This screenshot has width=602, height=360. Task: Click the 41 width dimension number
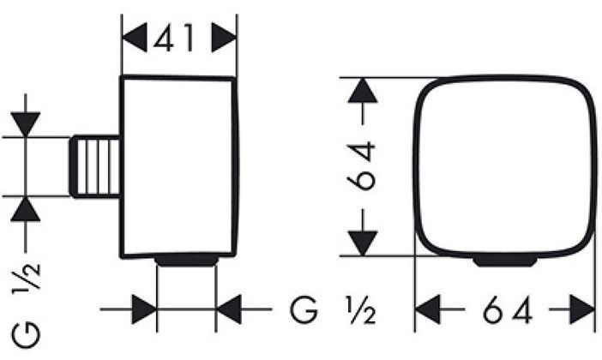[x=179, y=39]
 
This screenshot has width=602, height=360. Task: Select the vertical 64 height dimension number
[x=364, y=166]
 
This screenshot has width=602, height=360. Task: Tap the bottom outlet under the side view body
[x=186, y=260]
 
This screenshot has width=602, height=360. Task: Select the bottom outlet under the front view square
[x=505, y=259]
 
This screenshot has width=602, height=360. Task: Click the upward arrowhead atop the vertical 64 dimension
[x=364, y=91]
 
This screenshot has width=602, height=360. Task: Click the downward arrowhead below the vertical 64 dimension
[x=364, y=241]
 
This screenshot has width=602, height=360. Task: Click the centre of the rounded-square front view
[x=505, y=166]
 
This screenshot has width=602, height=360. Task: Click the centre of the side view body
[x=179, y=166]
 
